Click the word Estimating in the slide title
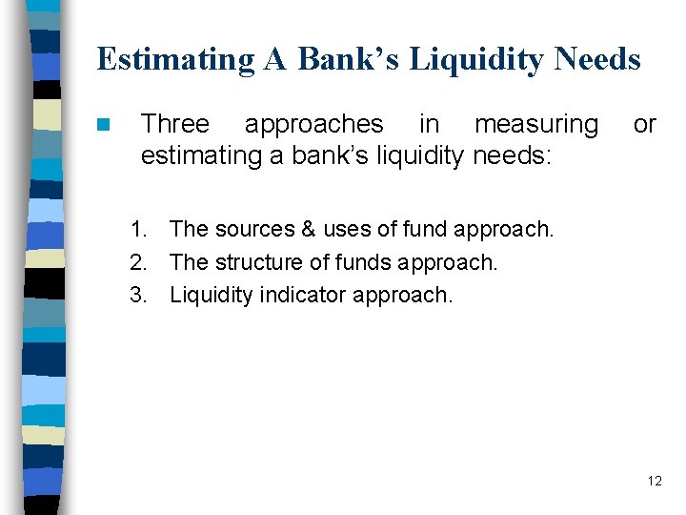175,60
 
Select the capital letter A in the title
275,60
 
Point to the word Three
175,124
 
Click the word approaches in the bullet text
314,124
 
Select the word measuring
536,124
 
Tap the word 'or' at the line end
645,124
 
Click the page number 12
654,481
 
